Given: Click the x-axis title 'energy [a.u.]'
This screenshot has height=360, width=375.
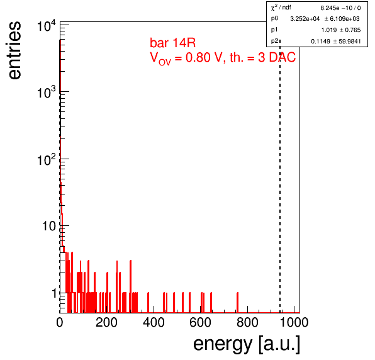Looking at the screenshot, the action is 247,344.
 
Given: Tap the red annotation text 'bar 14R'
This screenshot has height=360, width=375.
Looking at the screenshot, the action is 172,43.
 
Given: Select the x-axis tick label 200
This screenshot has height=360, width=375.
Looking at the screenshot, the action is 106,322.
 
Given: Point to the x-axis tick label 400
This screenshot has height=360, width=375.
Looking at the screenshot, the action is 154,322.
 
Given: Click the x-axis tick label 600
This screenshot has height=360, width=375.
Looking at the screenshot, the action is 201,322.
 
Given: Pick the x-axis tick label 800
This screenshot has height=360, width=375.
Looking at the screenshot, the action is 247,322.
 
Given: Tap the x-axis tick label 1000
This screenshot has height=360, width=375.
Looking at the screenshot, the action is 294,322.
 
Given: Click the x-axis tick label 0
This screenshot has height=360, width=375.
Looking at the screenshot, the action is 60,322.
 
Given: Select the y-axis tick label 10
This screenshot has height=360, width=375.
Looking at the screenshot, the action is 49,226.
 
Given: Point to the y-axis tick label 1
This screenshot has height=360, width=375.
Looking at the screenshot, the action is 54,293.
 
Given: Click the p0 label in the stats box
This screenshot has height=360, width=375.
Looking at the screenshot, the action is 274,18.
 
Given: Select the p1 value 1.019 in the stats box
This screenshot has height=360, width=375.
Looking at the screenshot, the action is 329,30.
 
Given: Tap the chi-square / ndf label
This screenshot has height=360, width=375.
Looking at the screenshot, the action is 281,8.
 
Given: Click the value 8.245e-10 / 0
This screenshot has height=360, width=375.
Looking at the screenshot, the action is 340,8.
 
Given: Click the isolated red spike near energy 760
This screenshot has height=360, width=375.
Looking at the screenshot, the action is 237,302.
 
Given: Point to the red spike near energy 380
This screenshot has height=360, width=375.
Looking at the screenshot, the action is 148,302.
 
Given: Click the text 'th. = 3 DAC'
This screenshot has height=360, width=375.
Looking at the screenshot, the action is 262,57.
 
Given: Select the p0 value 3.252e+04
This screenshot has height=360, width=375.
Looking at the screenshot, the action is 305,19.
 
